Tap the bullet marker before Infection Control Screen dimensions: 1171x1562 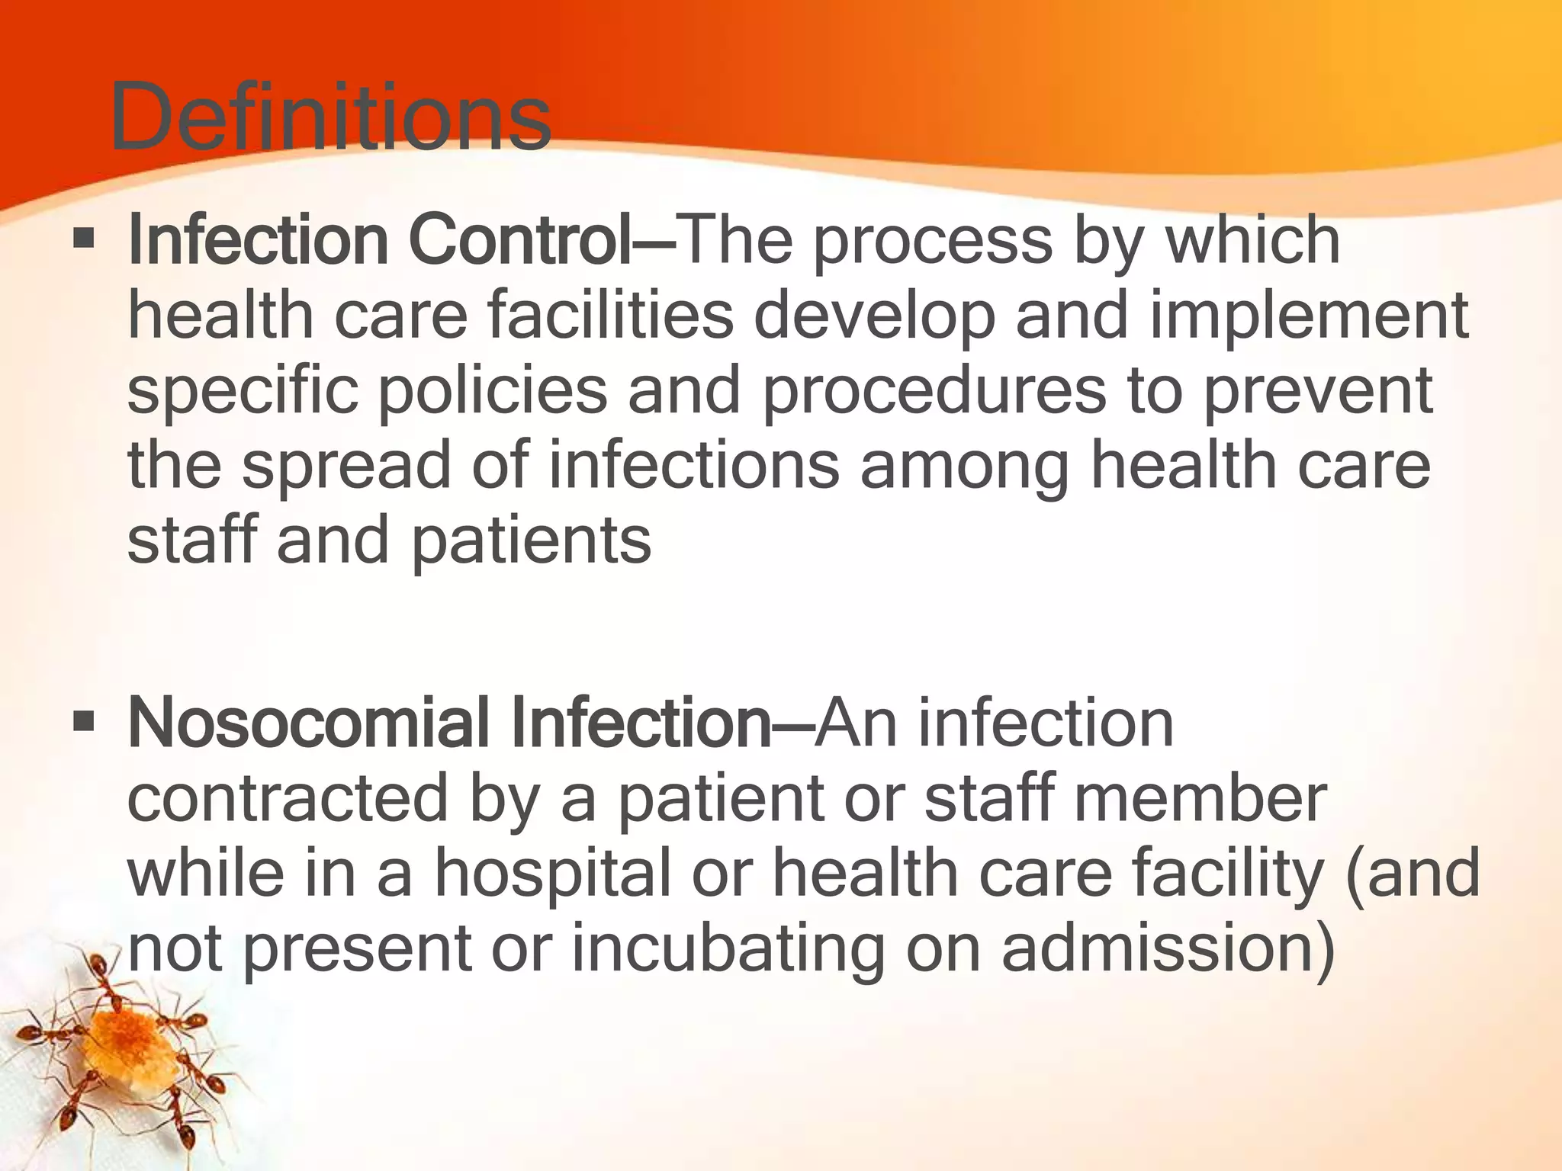click(84, 240)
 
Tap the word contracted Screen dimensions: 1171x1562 click(288, 798)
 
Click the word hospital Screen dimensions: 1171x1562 click(553, 875)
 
